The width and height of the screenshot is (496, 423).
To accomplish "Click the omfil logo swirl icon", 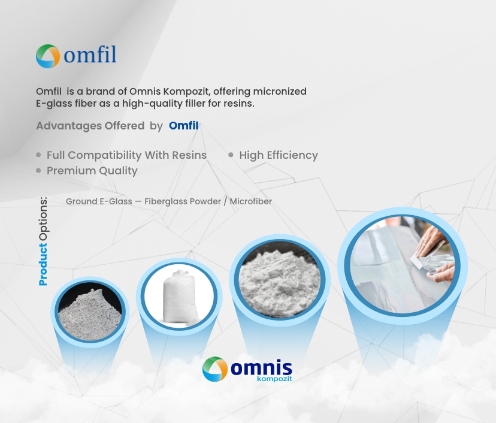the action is [48, 56].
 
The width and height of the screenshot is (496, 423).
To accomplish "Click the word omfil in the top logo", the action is [90, 55].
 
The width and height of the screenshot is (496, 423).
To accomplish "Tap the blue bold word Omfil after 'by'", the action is [184, 126].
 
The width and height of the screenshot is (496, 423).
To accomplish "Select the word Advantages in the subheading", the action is [69, 126].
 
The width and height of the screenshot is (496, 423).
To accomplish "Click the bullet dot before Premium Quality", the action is [38, 171].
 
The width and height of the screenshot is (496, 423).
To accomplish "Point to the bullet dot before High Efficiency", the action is [231, 155].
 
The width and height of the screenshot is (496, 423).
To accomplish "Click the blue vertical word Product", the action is [43, 264].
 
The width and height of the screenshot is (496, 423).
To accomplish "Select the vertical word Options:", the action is [43, 219].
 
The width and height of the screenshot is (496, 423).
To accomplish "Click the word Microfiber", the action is [251, 201].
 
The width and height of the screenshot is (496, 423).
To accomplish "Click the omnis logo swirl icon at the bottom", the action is [215, 369].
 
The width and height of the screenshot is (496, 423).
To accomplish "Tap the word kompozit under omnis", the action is [274, 379].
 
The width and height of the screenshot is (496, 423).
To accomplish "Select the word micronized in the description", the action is [280, 92].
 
